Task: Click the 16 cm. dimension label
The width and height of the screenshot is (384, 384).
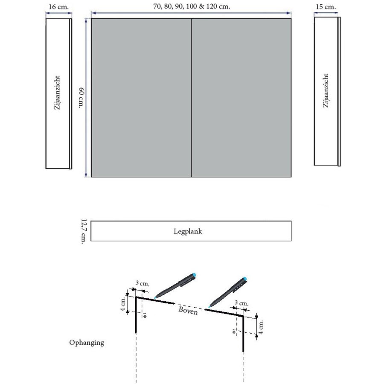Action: (x=58, y=7)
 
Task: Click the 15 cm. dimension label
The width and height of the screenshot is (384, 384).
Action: (x=327, y=7)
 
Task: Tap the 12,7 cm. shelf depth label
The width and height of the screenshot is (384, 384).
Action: (x=83, y=231)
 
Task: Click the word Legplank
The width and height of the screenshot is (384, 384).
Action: (x=191, y=231)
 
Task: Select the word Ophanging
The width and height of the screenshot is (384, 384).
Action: (x=87, y=342)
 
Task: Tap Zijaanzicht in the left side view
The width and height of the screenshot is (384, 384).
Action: (x=57, y=93)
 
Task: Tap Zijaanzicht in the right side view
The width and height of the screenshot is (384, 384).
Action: (x=326, y=91)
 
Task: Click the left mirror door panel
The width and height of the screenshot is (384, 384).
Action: (x=141, y=98)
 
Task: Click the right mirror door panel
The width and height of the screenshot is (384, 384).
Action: (x=241, y=98)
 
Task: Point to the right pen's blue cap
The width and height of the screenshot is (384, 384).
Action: (x=244, y=280)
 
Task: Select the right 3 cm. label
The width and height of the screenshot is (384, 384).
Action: (x=241, y=303)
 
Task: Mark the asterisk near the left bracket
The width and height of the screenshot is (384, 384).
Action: (x=145, y=317)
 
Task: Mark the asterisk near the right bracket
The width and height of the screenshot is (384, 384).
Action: (x=234, y=332)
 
